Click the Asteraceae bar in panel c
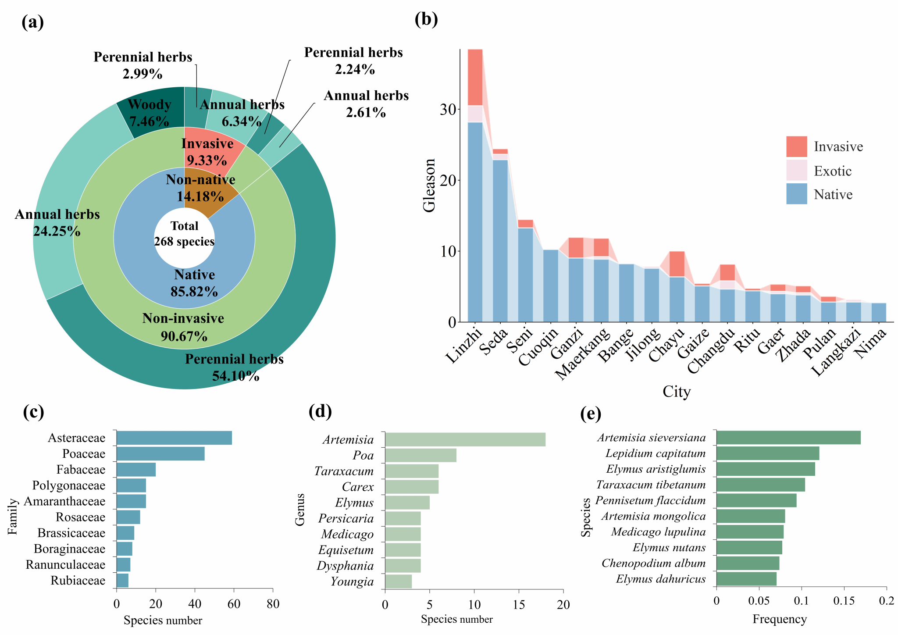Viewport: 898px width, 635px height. [x=174, y=438]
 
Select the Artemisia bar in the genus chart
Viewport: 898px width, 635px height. [x=465, y=439]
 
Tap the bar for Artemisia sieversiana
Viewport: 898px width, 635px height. [x=788, y=438]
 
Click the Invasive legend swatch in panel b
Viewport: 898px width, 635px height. [x=796, y=146]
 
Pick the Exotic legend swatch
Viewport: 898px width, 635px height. [x=796, y=171]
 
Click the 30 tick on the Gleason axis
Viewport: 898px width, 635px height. [x=448, y=109]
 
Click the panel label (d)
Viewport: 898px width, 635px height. [x=320, y=411]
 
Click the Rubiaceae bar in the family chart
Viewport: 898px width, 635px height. [x=122, y=580]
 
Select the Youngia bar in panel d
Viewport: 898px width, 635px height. [x=398, y=581]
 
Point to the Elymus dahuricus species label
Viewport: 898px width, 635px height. [x=660, y=579]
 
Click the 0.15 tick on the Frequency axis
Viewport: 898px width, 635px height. [x=844, y=600]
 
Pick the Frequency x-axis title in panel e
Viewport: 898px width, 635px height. [x=779, y=619]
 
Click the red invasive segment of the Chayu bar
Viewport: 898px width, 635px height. [x=677, y=264]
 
